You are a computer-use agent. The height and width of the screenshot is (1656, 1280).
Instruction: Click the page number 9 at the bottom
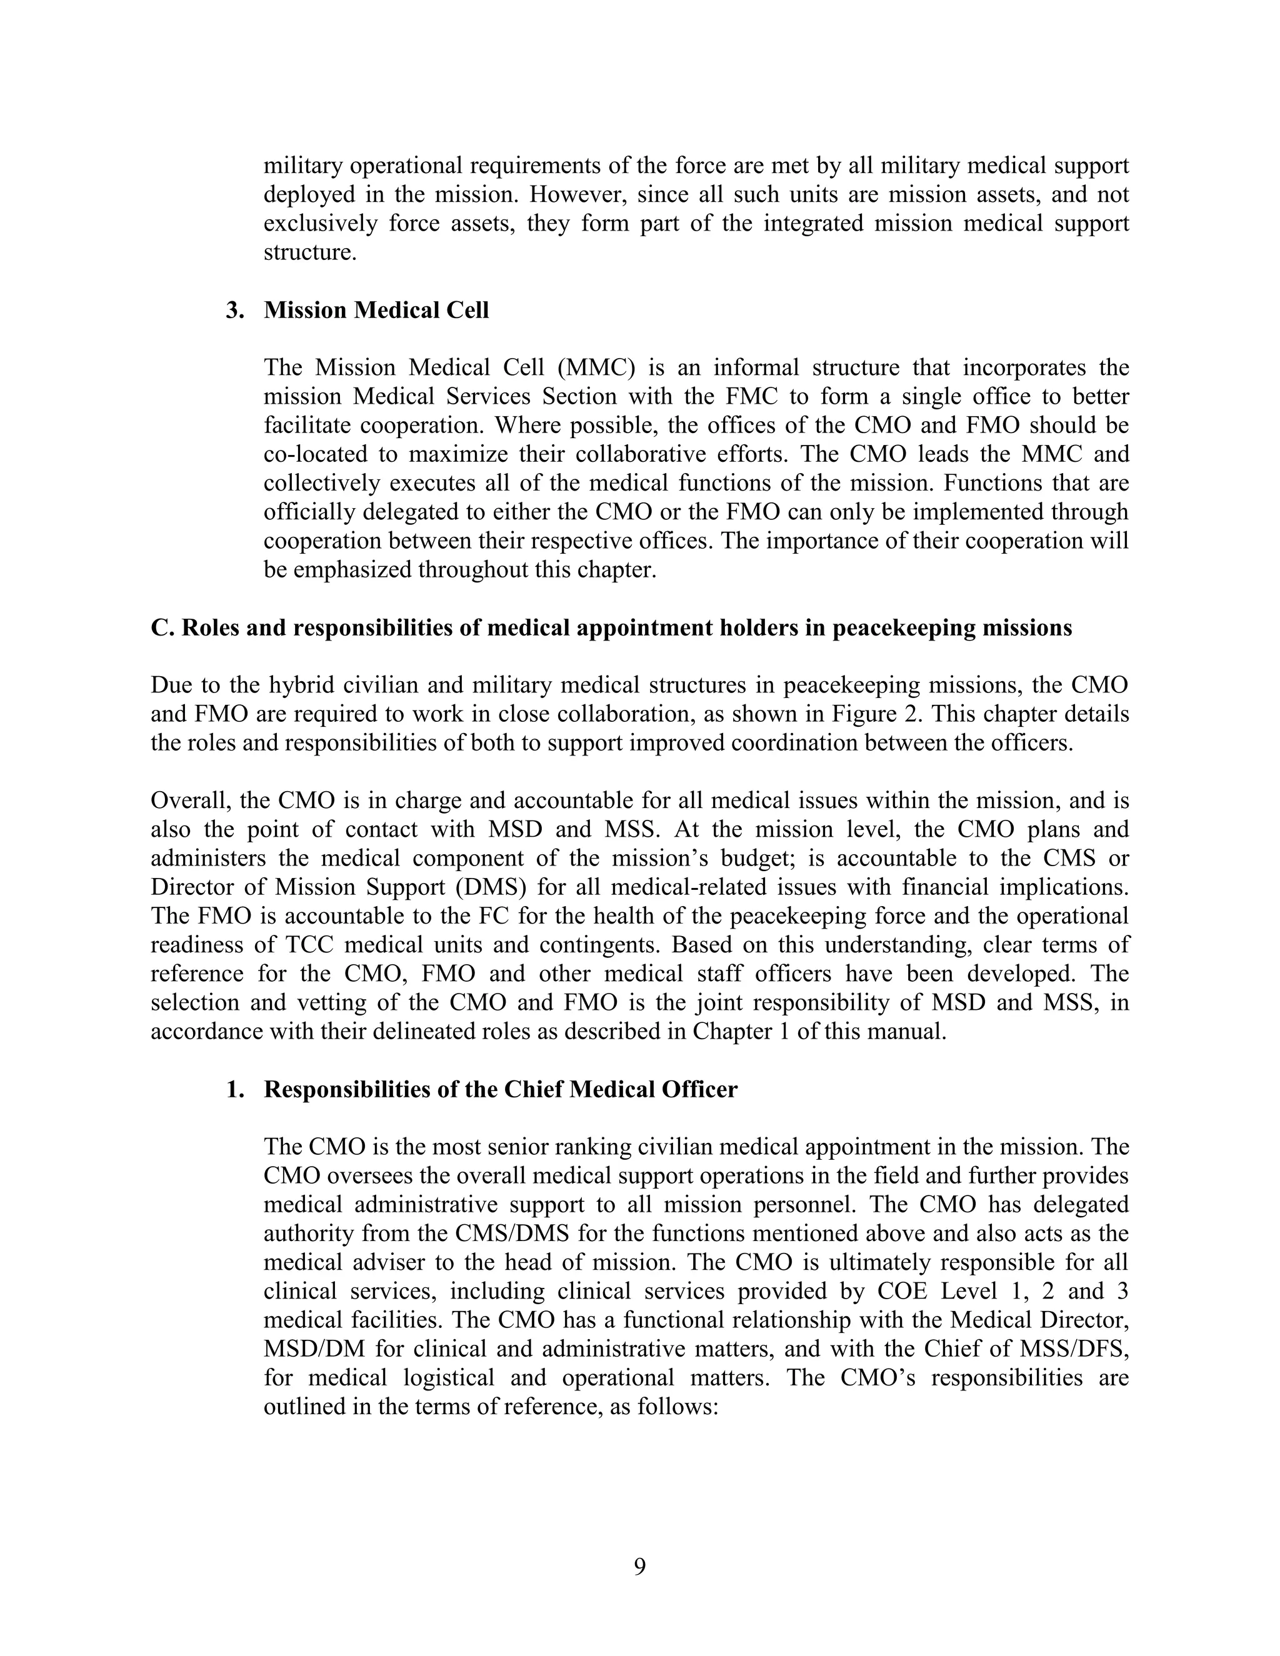639,1566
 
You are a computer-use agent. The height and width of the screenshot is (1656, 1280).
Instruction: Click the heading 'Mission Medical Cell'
376,310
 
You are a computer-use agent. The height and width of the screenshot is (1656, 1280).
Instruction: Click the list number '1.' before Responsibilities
235,1090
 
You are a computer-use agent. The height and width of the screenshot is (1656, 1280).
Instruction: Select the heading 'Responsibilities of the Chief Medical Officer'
501,1090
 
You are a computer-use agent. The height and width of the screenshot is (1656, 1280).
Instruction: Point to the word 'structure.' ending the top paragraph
310,252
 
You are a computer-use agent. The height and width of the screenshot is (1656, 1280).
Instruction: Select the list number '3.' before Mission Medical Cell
235,310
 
